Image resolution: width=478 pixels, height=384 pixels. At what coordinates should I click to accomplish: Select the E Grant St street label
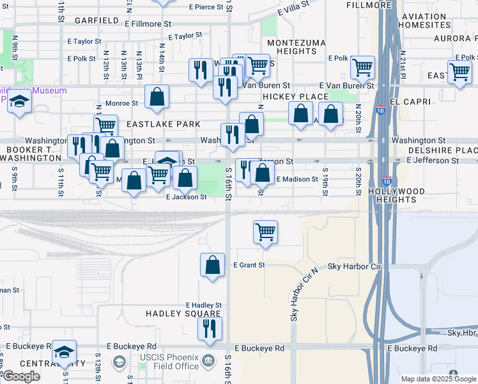click(x=249, y=264)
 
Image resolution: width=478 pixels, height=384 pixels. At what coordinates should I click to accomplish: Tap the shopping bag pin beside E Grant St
click(x=213, y=264)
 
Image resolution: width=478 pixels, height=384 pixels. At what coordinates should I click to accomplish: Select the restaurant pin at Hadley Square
click(x=209, y=329)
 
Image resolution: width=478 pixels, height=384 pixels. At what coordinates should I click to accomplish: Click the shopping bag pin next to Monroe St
click(x=157, y=97)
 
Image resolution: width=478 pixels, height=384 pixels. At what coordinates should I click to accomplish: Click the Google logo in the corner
click(x=21, y=376)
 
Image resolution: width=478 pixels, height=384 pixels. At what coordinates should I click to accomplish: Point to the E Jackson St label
click(x=186, y=197)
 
